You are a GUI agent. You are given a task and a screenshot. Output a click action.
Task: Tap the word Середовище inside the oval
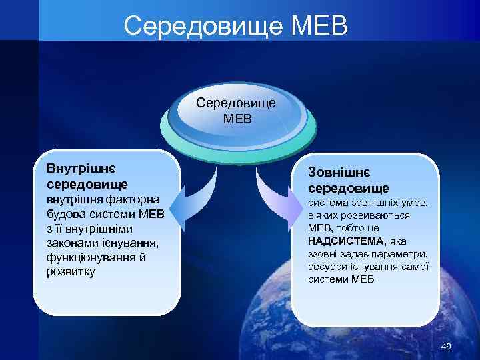(x=237, y=105)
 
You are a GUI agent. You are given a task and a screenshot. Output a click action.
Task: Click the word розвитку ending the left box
(x=71, y=272)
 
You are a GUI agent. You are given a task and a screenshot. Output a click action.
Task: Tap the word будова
(x=65, y=214)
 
